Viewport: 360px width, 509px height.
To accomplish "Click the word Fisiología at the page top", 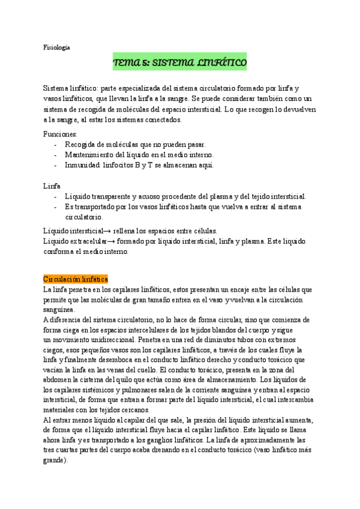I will (x=58, y=47).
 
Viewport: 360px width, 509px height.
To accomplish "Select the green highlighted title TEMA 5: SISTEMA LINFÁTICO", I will (x=180, y=62).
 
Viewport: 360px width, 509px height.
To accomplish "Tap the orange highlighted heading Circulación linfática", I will (x=76, y=279).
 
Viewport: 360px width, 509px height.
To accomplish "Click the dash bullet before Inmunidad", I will (x=56, y=165).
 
